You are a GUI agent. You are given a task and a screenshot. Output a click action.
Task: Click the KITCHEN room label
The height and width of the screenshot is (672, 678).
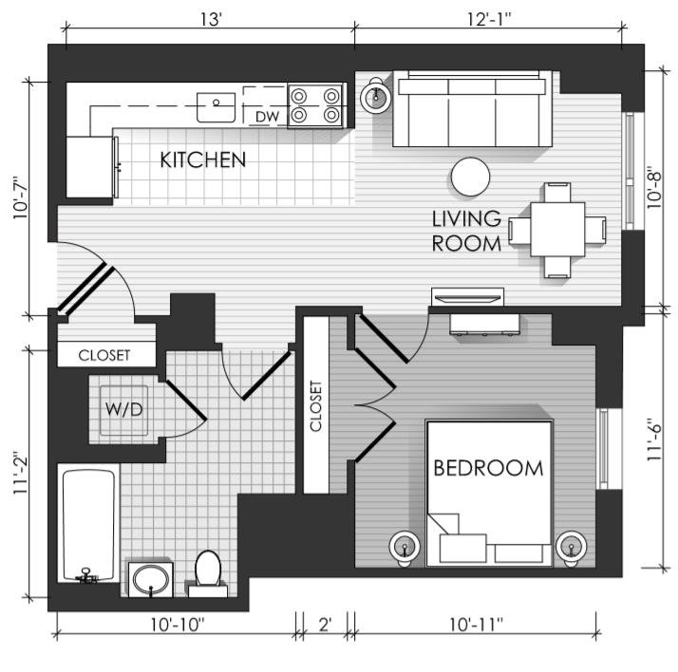203,159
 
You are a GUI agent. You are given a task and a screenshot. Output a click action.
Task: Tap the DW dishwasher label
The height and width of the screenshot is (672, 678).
267,116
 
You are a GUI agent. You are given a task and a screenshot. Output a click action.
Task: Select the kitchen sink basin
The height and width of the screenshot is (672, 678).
216,107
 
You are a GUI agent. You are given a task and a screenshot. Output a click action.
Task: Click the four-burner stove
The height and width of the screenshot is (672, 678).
315,105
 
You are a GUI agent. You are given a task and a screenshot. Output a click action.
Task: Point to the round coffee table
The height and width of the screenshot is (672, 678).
470,177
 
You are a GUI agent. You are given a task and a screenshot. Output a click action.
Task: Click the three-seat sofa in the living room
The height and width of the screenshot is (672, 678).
472,109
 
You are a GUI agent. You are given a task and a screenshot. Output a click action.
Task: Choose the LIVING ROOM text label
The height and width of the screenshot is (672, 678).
466,232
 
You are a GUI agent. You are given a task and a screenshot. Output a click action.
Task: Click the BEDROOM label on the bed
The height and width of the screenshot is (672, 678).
488,469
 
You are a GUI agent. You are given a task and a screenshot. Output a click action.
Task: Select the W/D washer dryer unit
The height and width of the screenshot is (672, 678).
124,410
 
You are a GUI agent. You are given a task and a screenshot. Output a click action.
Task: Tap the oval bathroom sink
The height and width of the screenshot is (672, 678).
150,580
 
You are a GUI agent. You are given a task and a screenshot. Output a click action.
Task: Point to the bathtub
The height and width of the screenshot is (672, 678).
88,524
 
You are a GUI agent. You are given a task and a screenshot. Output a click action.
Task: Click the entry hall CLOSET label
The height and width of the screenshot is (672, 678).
104,355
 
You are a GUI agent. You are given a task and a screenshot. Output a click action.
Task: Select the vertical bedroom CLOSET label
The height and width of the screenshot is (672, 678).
316,406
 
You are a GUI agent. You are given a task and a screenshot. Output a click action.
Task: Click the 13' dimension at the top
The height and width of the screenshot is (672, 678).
211,19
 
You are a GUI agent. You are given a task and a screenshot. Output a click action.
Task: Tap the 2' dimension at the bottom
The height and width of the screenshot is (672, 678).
325,625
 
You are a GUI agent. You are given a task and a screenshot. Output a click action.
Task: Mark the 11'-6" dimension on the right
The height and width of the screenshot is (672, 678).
655,440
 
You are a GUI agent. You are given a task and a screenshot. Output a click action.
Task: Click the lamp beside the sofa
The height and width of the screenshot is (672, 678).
376,96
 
